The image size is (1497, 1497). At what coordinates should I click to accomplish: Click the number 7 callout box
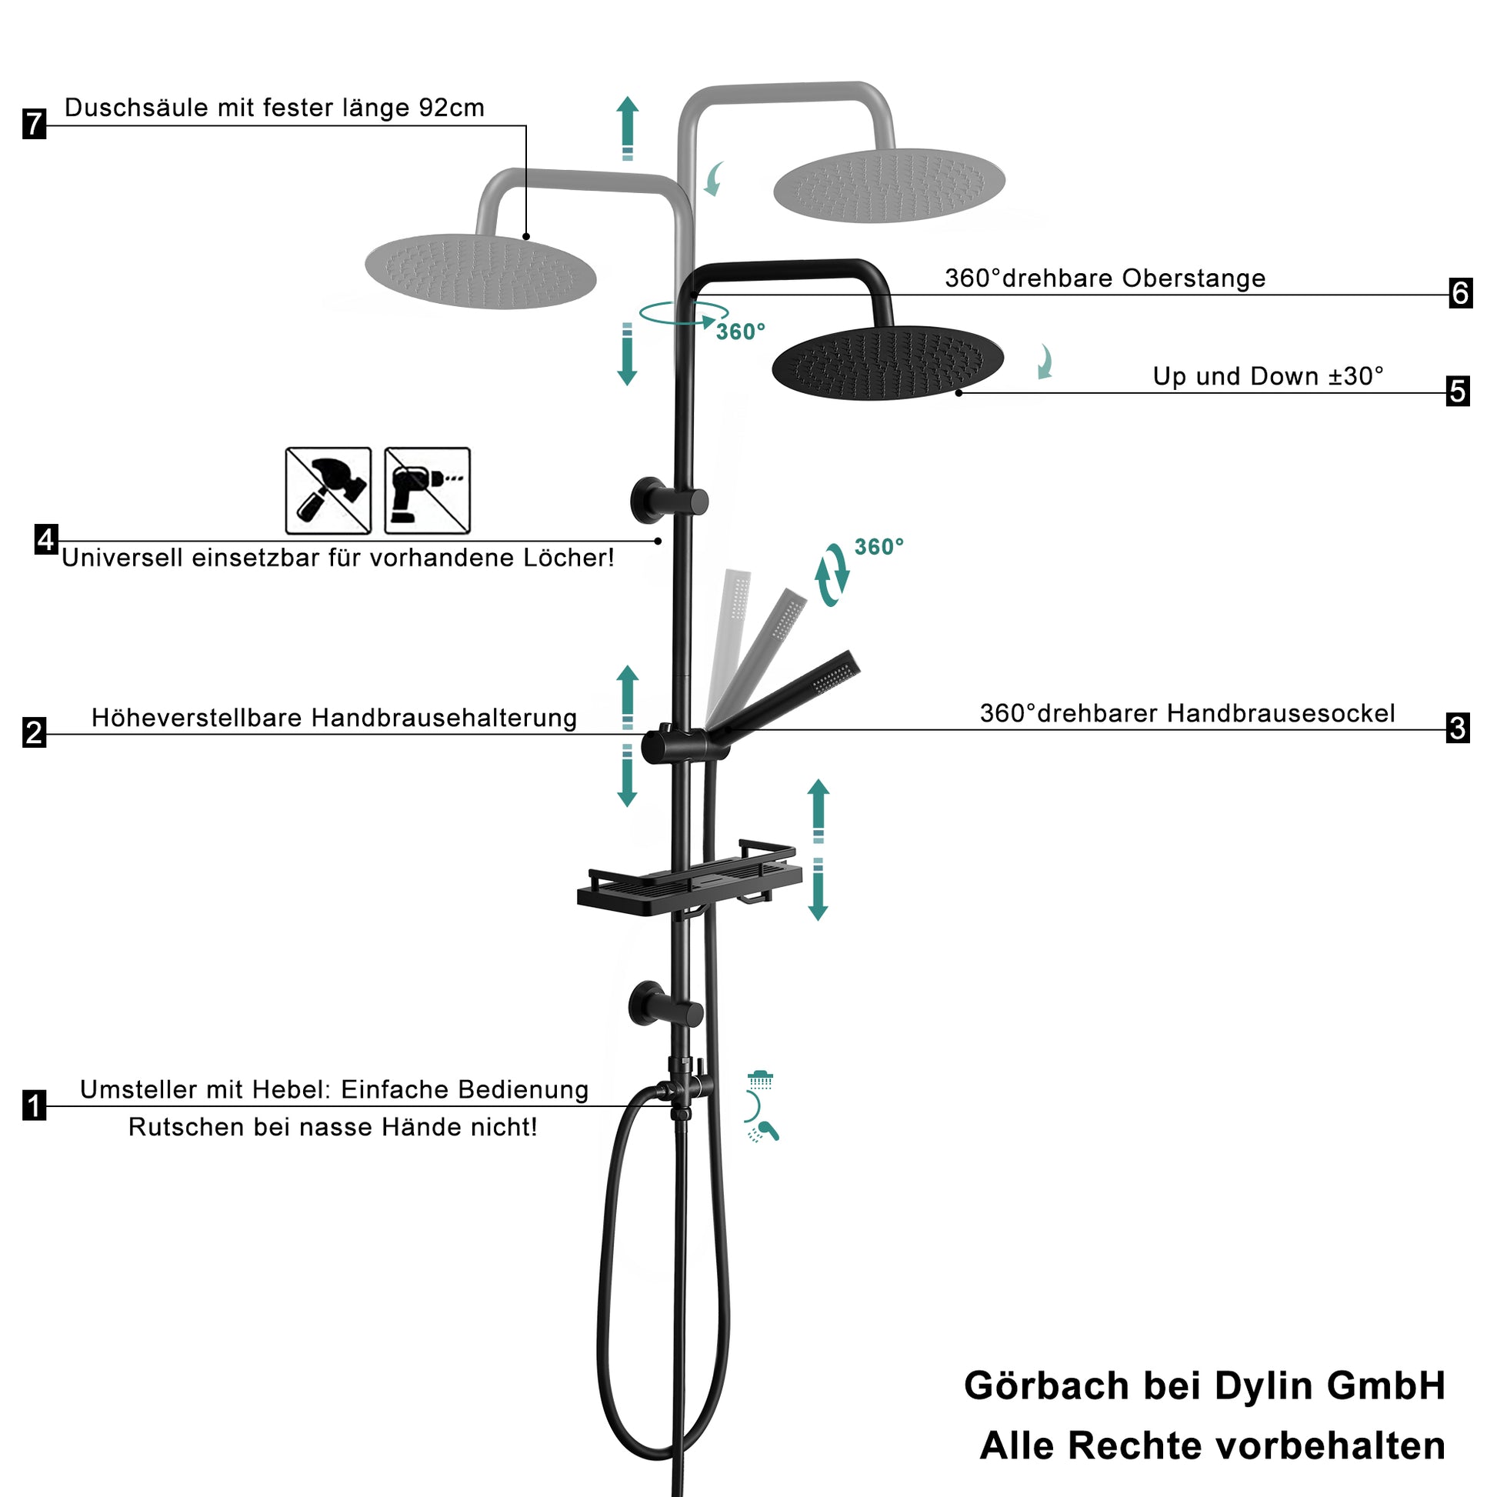[x=34, y=124]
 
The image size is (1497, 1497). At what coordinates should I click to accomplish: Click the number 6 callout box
[x=1461, y=293]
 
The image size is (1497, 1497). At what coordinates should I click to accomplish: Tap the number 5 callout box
[x=1459, y=392]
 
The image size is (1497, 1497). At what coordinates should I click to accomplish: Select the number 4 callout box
[x=46, y=539]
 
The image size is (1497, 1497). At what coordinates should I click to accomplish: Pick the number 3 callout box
[x=1459, y=728]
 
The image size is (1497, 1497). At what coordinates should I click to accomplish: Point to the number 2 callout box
[x=34, y=732]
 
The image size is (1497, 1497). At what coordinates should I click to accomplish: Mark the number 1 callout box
[x=34, y=1105]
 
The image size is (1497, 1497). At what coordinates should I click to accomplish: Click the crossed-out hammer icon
[x=328, y=491]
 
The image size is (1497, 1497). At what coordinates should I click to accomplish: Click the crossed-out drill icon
[x=427, y=491]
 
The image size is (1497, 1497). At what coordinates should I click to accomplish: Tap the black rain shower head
[x=888, y=362]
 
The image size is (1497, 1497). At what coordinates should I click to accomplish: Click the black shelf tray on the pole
[x=689, y=879]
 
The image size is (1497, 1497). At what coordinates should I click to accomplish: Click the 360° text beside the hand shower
[x=879, y=547]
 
